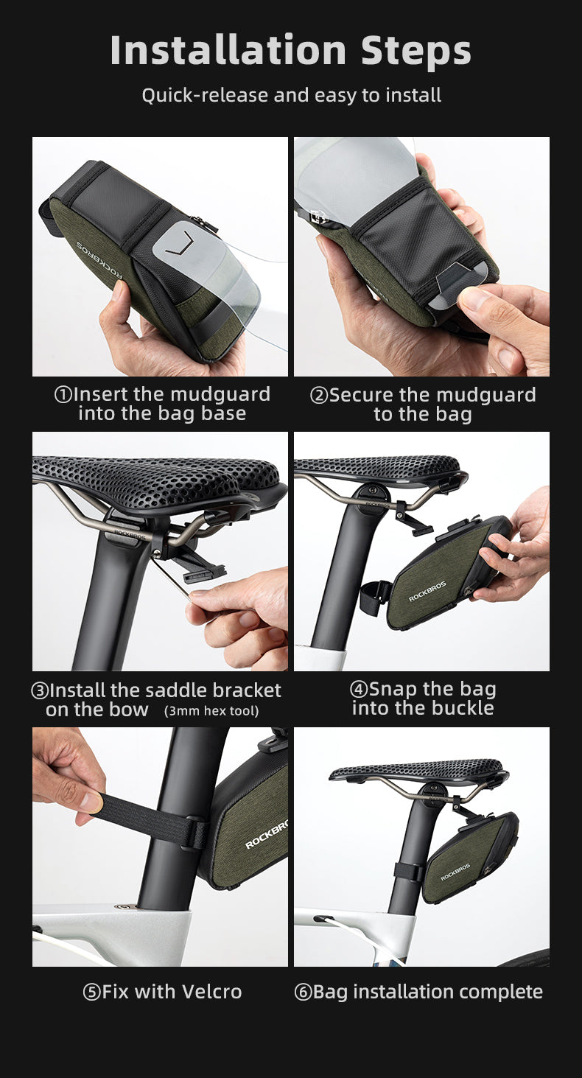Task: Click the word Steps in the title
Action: click(x=416, y=50)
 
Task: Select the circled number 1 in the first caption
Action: click(x=63, y=395)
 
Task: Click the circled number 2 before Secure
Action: click(x=319, y=396)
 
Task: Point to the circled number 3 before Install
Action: click(x=40, y=691)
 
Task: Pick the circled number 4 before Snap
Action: click(x=359, y=689)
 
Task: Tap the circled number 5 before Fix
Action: click(x=92, y=993)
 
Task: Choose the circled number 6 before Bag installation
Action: click(x=303, y=993)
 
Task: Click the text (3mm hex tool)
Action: click(x=211, y=711)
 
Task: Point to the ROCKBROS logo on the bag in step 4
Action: click(x=427, y=591)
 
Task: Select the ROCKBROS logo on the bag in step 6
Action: click(x=455, y=872)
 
